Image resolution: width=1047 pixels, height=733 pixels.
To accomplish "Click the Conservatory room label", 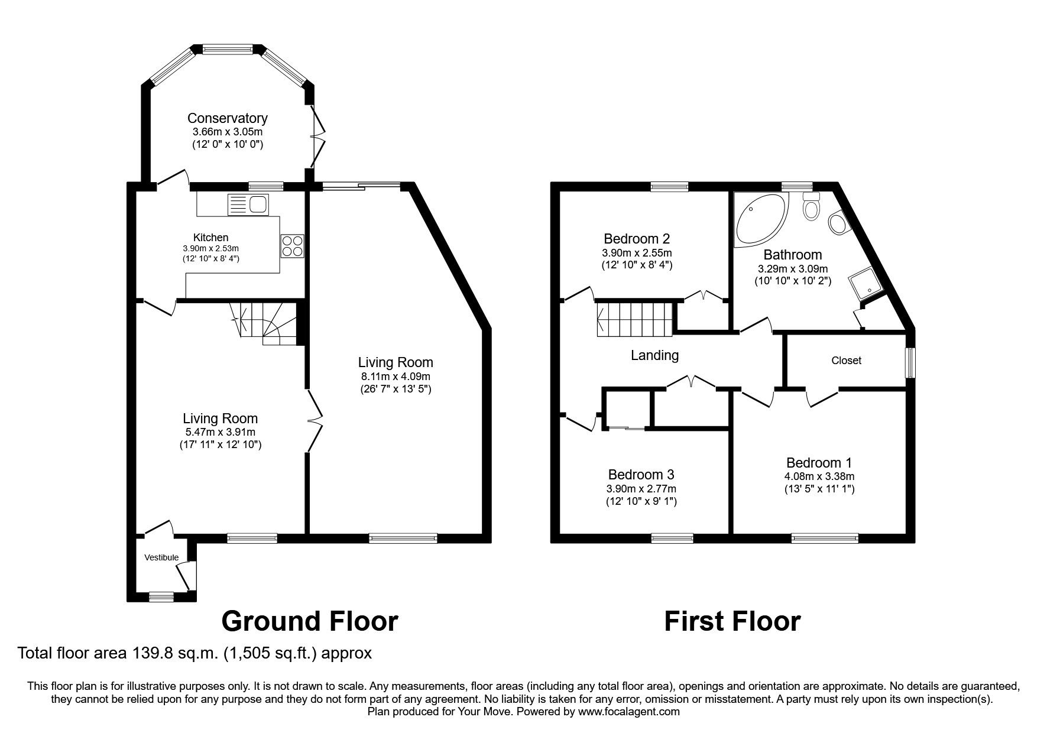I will point(227,118).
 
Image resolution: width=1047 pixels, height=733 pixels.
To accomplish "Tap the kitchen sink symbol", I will point(248,205).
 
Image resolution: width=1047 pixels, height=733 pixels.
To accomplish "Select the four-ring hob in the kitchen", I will point(292,245).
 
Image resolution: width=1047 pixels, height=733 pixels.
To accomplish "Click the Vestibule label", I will point(161,557).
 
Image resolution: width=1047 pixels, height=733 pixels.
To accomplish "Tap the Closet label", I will point(846,360).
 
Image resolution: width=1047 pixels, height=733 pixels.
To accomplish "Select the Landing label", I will point(654,355).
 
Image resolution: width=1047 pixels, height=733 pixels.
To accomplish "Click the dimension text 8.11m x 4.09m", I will point(395,376).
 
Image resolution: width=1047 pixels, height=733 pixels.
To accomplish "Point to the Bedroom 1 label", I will point(819,462).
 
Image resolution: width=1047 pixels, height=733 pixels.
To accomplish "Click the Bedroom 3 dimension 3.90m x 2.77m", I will point(641,488).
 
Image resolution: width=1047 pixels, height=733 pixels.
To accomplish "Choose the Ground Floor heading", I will point(309,621).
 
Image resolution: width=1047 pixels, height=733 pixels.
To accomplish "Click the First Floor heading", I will point(732,621).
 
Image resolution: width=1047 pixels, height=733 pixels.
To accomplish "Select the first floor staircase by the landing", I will point(636,319).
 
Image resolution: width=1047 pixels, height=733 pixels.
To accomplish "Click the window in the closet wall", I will point(912,362).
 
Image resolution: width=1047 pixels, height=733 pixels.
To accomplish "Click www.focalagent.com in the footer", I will point(629,712).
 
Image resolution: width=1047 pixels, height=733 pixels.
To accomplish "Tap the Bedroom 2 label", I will point(636,239).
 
